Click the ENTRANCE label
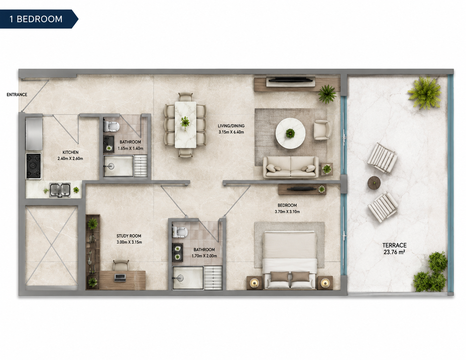tap(17, 95)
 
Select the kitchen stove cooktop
tap(34, 166)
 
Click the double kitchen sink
tap(60, 190)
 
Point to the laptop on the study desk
tap(120, 278)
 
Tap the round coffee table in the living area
tap(290, 133)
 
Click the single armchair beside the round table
tap(322, 130)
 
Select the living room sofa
tap(291, 167)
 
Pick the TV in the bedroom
tap(302, 189)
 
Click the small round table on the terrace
tap(374, 183)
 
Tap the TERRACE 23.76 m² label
tap(394, 249)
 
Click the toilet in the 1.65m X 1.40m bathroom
tap(111, 126)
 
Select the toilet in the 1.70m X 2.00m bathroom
tap(180, 232)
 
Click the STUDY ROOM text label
tap(129, 236)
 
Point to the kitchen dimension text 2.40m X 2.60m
tap(70, 159)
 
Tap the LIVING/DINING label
tap(231, 126)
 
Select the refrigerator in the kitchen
tap(34, 134)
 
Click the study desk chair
tap(121, 265)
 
